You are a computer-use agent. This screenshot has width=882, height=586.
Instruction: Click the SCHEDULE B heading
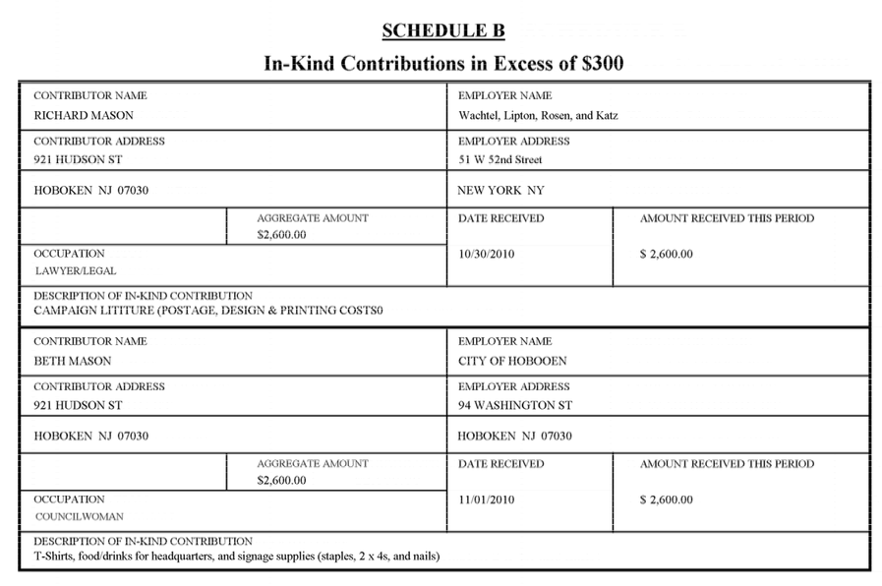[x=442, y=30]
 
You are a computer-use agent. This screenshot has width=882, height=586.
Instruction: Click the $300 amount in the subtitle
[x=599, y=64]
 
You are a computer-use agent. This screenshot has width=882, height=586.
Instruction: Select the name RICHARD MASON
[x=84, y=115]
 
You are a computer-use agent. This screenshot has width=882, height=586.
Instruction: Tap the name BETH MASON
[x=73, y=361]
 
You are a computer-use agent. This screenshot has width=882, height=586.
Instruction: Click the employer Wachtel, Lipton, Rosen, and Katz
[x=538, y=115]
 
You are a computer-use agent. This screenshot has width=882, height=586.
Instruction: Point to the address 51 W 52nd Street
[x=500, y=159]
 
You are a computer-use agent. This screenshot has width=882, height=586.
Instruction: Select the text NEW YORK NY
[x=500, y=190]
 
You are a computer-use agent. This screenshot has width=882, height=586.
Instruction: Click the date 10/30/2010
[x=487, y=254]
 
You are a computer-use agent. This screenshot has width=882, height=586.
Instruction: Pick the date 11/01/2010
[x=487, y=499]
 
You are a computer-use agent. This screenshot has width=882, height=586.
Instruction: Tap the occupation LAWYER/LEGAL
[x=76, y=270]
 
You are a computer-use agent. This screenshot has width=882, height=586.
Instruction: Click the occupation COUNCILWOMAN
[x=80, y=516]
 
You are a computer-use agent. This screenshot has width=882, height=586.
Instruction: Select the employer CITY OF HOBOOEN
[x=512, y=361]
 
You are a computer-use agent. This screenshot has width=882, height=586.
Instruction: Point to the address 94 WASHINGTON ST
[x=515, y=405]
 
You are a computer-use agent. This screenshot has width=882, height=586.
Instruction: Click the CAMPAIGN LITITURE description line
[x=207, y=311]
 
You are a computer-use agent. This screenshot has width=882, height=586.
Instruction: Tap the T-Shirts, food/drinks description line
[x=236, y=557]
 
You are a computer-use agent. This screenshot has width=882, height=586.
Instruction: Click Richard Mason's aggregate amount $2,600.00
[x=281, y=235]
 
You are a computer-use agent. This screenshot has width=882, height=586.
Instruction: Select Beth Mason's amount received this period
[x=666, y=499]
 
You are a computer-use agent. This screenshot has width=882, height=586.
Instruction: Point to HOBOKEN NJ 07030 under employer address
[x=515, y=436]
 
